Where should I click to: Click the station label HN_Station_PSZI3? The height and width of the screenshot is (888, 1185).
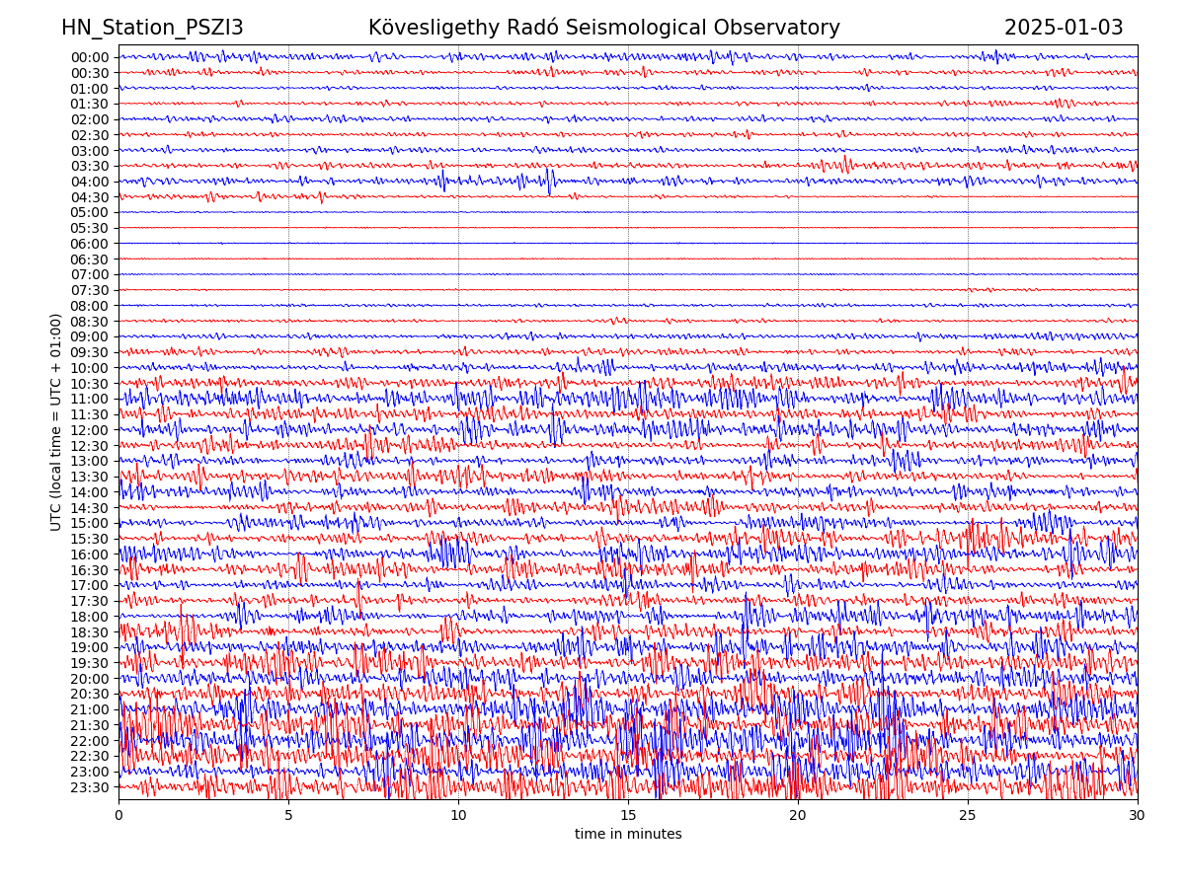[x=152, y=29]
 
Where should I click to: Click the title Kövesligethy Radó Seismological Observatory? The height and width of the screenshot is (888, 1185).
[x=603, y=29]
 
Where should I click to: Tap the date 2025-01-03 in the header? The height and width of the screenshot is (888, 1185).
[x=1063, y=29]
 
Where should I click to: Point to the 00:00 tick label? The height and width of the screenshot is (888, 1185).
[x=90, y=57]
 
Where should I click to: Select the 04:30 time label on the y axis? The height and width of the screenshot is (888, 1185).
[x=90, y=197]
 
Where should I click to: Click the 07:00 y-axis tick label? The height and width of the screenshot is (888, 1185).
[x=90, y=274]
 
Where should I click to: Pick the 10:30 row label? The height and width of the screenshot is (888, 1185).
[x=90, y=384]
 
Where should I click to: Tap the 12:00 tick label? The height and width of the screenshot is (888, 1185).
[x=90, y=430]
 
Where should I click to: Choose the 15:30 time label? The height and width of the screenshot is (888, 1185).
[x=90, y=539]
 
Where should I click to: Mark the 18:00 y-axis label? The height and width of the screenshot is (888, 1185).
[x=90, y=617]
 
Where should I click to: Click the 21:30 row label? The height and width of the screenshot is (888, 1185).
[x=90, y=725]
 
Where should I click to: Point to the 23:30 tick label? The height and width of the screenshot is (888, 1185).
[x=90, y=787]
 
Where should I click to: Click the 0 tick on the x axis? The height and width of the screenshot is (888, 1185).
[x=118, y=816]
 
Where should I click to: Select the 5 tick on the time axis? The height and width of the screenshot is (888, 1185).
[x=288, y=816]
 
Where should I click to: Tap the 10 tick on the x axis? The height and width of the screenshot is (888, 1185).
[x=458, y=816]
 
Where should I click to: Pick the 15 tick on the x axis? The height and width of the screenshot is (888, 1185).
[x=628, y=816]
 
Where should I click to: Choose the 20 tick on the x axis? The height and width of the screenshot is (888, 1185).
[x=798, y=816]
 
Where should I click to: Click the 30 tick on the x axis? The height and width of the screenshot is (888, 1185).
[x=1138, y=816]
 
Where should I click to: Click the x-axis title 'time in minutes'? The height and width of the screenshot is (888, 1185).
[x=628, y=835]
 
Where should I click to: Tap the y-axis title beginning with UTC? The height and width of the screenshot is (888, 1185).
[x=56, y=421]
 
